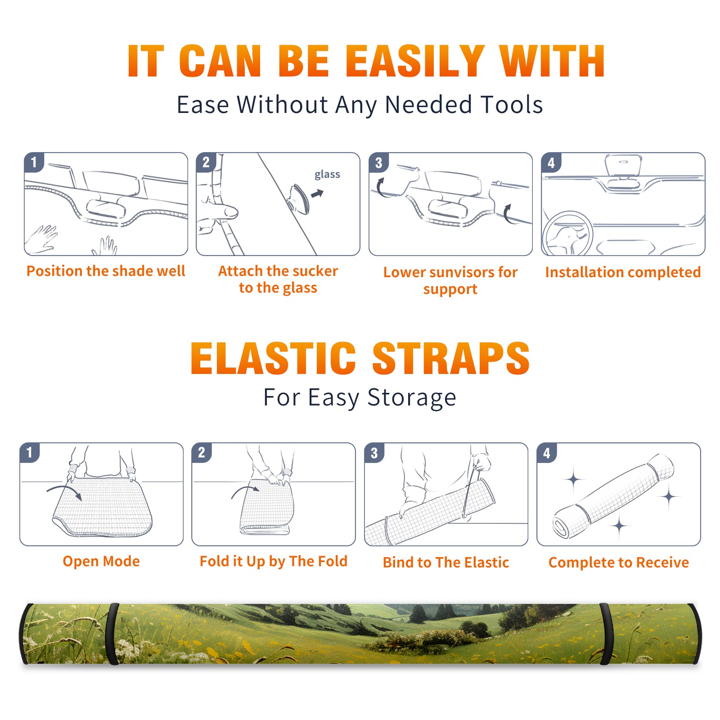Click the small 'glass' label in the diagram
pos(327,175)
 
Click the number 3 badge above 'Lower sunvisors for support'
pos(378,162)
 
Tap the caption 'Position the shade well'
pos(106,271)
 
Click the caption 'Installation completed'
pos(623,272)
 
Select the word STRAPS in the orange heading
pos(451,358)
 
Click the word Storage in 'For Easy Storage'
pos(412,398)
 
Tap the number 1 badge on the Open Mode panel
pos(30,452)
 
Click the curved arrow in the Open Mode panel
pos(65,491)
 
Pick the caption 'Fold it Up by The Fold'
pos(274,562)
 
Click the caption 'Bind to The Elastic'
pos(446,562)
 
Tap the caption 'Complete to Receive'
pos(619,562)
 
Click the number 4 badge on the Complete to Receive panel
pos(547,453)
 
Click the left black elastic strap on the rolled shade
pos(112,634)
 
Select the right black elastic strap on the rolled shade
pos(606,634)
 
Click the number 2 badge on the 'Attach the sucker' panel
pos(206,162)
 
